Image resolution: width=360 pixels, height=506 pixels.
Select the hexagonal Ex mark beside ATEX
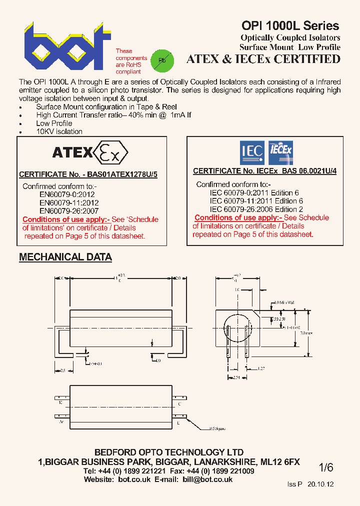tap(111, 152)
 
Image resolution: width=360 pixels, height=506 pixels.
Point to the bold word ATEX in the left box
tap(72, 152)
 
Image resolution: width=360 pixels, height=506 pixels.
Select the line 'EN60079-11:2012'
tap(69, 202)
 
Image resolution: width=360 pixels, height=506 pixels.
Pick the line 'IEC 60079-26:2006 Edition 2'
tap(256, 209)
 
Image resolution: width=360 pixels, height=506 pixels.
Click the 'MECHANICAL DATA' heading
tap(65, 257)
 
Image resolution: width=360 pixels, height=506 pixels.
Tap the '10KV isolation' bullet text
tap(59, 131)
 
